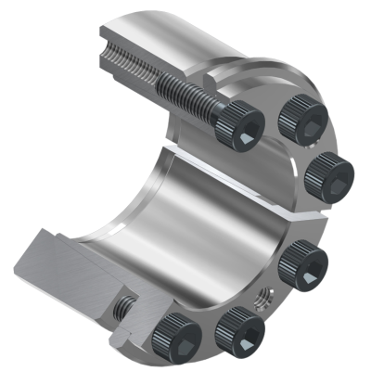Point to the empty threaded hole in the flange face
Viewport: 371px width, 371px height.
pyautogui.click(x=262, y=299)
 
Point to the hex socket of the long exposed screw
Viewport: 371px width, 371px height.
pyautogui.click(x=243, y=139)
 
